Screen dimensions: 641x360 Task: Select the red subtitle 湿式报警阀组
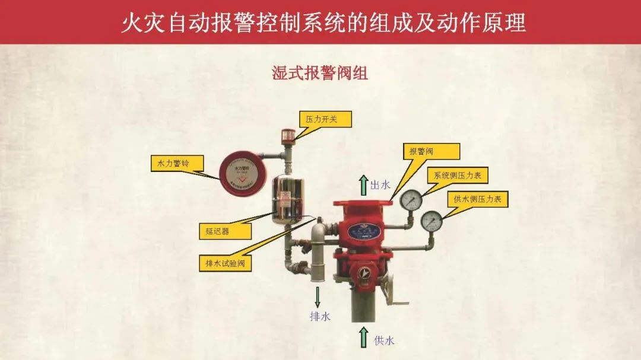point(320,73)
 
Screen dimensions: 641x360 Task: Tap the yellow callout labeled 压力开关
point(325,119)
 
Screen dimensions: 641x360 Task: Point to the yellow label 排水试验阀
point(225,264)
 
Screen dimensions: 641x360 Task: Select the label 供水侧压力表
point(477,199)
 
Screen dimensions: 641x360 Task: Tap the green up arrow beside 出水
point(363,185)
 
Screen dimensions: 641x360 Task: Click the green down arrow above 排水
point(318,297)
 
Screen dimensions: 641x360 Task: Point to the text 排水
point(319,317)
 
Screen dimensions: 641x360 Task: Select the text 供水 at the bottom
point(384,340)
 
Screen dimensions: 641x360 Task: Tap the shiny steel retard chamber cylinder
point(288,199)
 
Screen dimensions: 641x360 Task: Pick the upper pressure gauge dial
point(410,200)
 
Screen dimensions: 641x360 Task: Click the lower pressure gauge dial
point(431,221)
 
